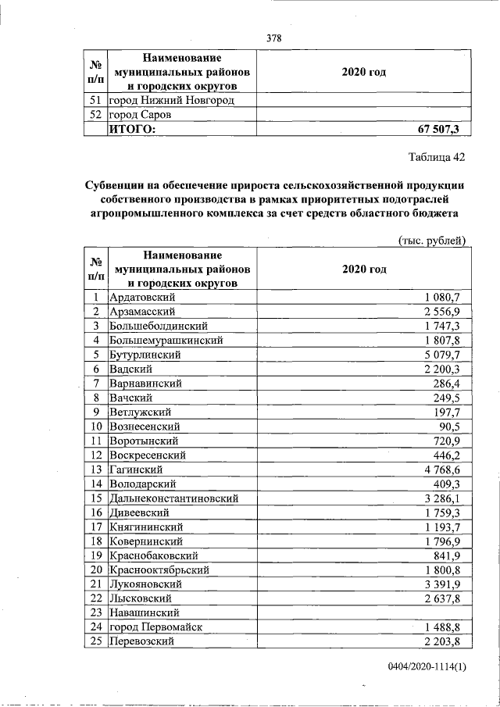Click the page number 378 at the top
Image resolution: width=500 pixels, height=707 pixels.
[273, 37]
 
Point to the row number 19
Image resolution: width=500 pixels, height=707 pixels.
[95, 555]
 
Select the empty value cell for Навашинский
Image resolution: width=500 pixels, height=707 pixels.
[363, 612]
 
